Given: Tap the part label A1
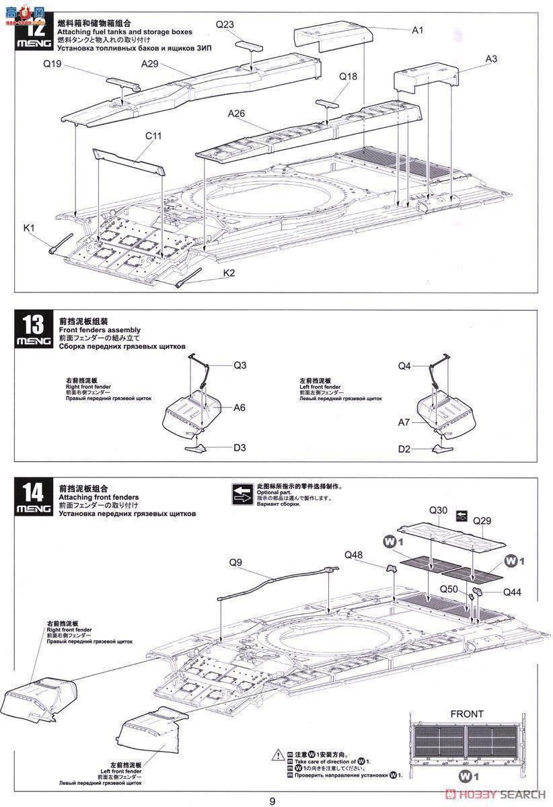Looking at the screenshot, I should point(417,30).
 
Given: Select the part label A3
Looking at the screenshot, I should point(490,59).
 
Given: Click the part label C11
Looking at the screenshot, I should point(153,135).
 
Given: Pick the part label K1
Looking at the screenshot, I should point(29,229).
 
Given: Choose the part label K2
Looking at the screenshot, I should point(229,273).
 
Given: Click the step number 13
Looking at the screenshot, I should point(33,325).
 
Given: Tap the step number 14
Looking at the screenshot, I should point(33,492).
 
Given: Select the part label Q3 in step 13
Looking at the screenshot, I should point(240,365).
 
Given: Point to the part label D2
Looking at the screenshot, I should point(404,449).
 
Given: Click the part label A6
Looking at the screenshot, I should point(240,408).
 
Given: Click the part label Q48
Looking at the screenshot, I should point(353,555).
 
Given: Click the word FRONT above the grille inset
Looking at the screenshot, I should point(467,714).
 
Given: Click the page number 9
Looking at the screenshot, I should point(272,800).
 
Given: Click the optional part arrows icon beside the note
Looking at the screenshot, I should point(240,494).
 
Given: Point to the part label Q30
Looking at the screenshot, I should point(438,510).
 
